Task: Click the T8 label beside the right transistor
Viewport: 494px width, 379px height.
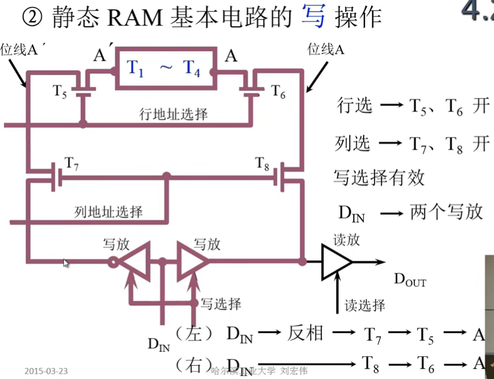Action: click(x=262, y=164)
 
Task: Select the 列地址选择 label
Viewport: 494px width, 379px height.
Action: click(x=109, y=211)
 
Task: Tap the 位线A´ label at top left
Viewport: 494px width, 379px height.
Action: click(x=22, y=49)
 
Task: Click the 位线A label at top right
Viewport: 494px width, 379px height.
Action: click(x=326, y=49)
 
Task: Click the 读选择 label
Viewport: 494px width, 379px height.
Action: click(x=365, y=305)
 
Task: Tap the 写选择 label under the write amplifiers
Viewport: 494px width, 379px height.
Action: click(x=221, y=303)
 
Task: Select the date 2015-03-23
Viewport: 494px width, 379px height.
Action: click(x=46, y=371)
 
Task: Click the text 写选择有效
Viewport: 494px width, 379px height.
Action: click(x=379, y=178)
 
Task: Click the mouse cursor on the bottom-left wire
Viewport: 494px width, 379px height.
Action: click(x=66, y=263)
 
